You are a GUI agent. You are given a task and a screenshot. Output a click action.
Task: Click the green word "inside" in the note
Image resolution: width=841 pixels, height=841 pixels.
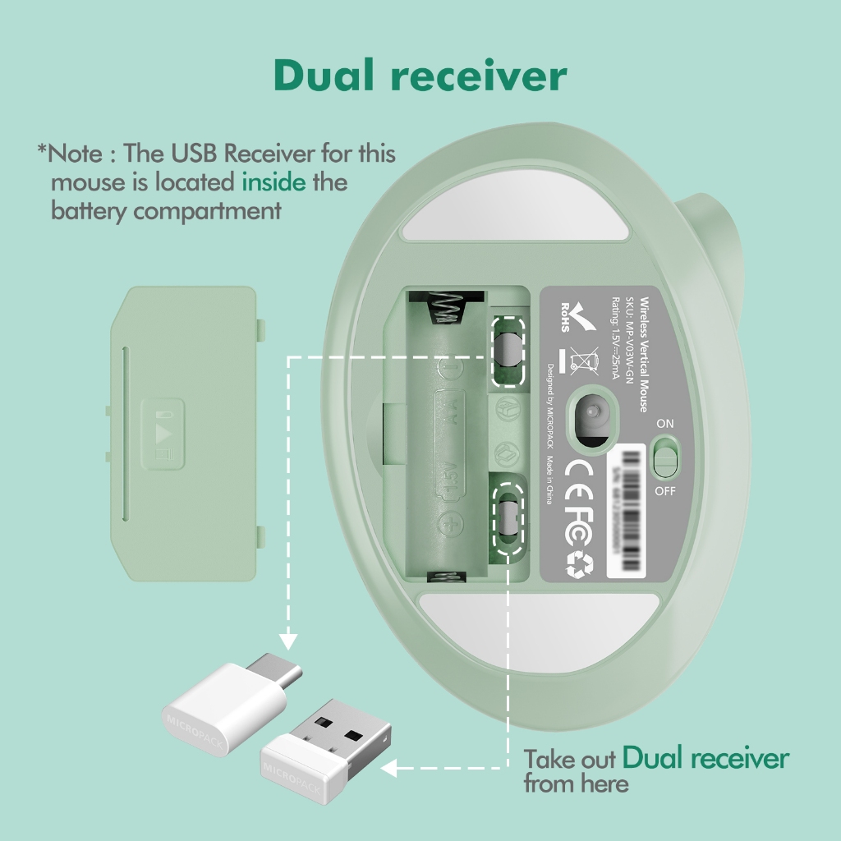click(273, 182)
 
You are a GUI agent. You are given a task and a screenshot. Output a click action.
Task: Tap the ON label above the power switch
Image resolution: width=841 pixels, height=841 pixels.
click(665, 423)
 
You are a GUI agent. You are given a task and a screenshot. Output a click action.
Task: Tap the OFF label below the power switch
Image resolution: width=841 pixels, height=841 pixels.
click(665, 491)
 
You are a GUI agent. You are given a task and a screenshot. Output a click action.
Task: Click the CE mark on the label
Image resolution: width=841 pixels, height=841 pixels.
click(581, 471)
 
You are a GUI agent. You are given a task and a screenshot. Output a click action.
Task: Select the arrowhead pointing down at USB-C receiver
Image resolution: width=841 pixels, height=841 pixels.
click(287, 640)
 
